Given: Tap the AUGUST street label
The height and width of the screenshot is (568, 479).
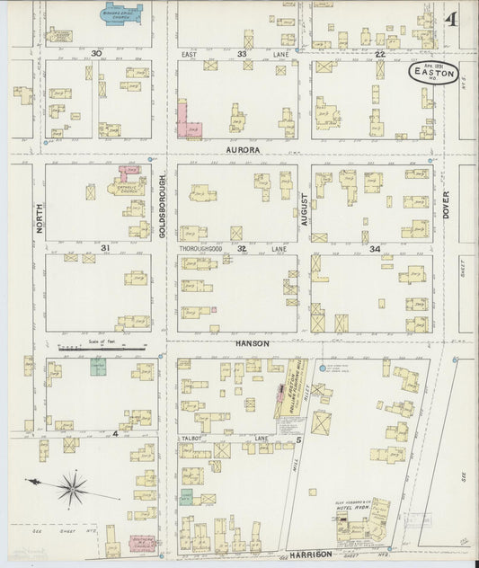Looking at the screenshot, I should click(x=306, y=205).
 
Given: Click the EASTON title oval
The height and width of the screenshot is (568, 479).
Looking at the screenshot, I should click(x=434, y=75).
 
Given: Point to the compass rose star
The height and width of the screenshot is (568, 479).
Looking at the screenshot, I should click(x=72, y=489).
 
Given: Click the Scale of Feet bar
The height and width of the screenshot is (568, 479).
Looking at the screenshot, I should click(x=99, y=347).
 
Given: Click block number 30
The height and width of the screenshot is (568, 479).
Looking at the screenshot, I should click(x=94, y=54).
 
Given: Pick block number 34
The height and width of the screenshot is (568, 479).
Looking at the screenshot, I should click(x=374, y=248).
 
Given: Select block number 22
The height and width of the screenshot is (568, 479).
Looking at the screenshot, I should click(x=380, y=54).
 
